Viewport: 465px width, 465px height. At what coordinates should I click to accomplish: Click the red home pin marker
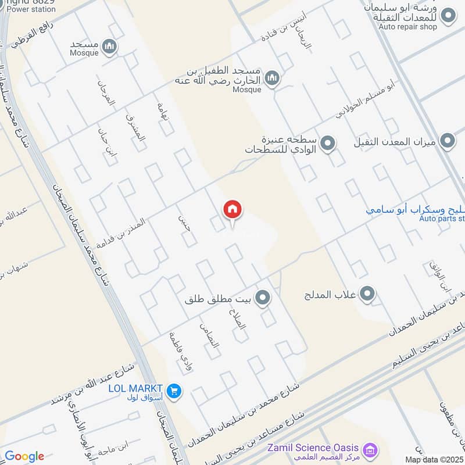[x=233, y=210]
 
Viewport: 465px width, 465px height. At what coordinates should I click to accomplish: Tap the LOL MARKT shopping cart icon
[x=173, y=392]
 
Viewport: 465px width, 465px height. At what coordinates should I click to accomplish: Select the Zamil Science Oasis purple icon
[x=368, y=450]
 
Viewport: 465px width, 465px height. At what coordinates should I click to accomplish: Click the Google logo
[x=24, y=456]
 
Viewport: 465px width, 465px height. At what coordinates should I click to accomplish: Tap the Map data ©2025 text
[x=433, y=460]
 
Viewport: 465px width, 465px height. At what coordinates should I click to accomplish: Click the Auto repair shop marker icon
[x=448, y=16]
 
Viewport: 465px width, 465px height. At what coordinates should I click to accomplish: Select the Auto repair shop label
[x=407, y=27]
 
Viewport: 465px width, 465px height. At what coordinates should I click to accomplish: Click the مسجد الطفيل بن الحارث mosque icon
[x=271, y=78]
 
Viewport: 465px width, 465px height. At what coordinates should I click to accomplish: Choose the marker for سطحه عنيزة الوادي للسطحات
[x=328, y=143]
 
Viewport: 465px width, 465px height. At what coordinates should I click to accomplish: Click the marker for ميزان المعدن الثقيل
[x=447, y=141]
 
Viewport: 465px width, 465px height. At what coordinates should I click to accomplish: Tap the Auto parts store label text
[x=442, y=219]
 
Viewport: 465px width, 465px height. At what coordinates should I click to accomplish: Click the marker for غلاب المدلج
[x=367, y=295]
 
